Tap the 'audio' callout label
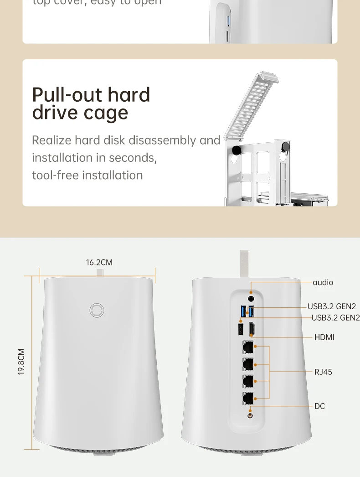tap(323, 282)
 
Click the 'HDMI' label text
tap(324, 337)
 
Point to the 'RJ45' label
tap(323, 372)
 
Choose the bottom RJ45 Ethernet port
tap(248, 398)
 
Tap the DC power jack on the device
tap(250, 415)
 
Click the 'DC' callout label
tap(319, 406)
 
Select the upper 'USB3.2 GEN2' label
tap(331, 306)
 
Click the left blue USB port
tap(242, 312)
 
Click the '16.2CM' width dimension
tap(99, 262)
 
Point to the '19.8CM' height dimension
tap(21, 362)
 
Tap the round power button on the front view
tap(97, 310)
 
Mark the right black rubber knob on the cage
tap(286, 146)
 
